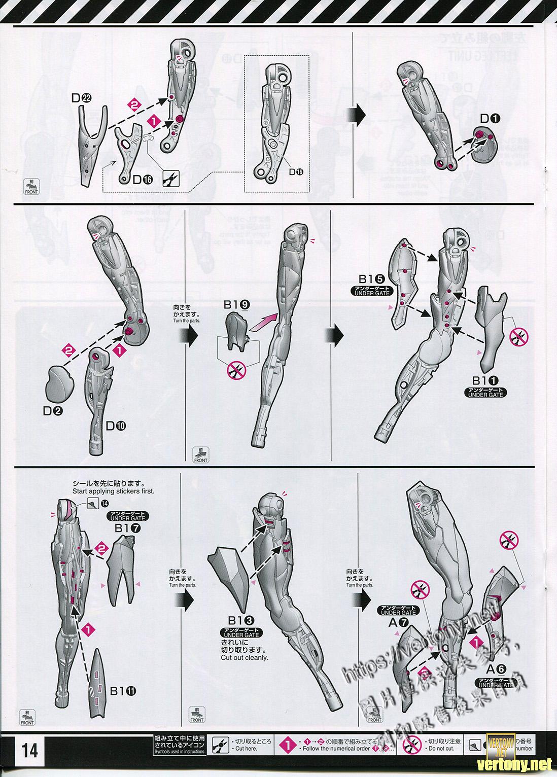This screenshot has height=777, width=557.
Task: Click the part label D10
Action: [x=116, y=426]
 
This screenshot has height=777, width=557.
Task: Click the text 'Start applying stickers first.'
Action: [x=113, y=491]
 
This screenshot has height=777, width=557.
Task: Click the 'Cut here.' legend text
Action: [x=247, y=749]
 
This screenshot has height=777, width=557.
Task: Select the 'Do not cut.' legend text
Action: [x=442, y=749]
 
